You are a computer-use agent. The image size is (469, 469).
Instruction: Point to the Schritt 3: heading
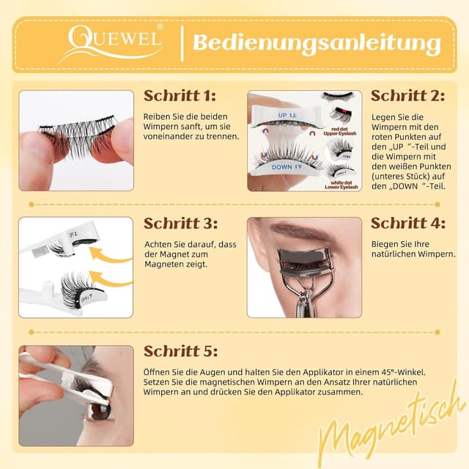(180, 224)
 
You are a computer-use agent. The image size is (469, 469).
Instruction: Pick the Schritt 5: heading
(180, 351)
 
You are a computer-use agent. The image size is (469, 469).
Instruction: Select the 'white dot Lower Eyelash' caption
(342, 184)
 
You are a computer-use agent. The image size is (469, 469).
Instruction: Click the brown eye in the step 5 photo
(99, 410)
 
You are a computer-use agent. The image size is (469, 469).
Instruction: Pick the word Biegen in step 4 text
(385, 242)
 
